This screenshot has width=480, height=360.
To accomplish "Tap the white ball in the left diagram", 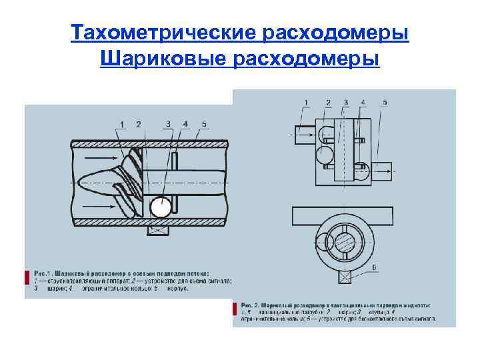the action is [x=160, y=208].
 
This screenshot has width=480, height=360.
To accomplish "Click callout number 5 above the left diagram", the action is [x=204, y=124].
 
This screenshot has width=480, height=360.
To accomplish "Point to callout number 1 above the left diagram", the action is [x=123, y=124].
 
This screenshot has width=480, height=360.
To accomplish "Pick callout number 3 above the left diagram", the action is [x=168, y=124].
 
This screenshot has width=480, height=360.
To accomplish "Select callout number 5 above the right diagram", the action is [x=385, y=102].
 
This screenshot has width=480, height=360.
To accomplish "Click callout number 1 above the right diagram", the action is [x=306, y=102].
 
